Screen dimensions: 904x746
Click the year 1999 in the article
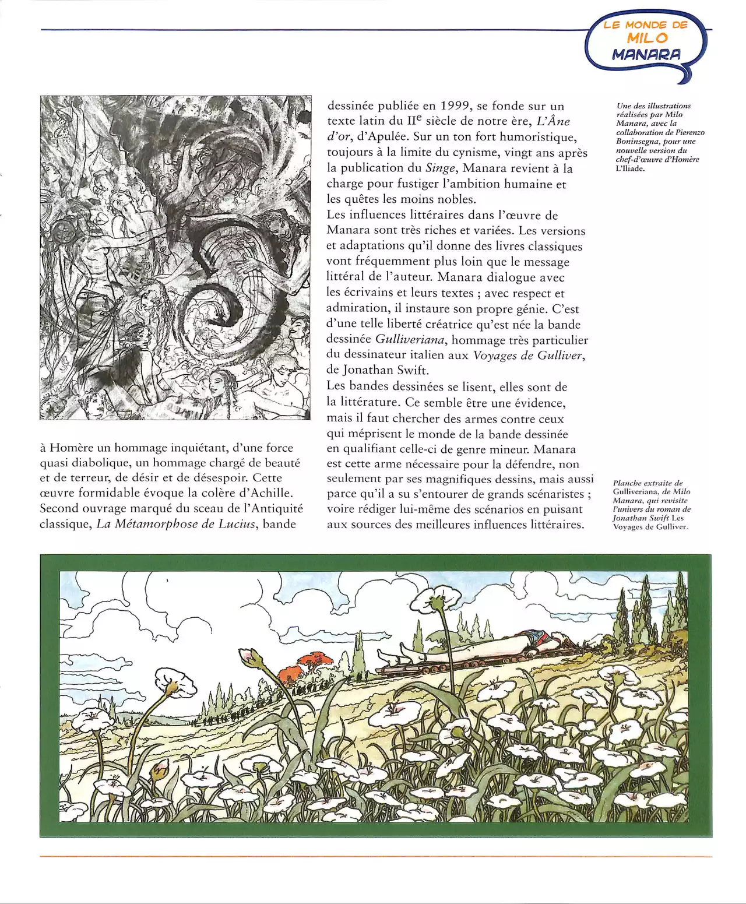pos(453,106)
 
